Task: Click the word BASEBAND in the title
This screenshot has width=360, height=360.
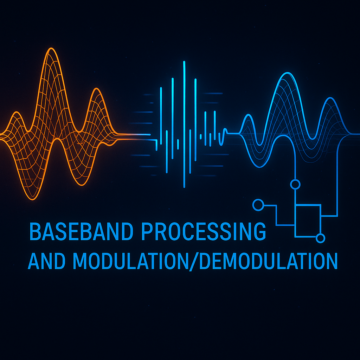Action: (x=82, y=231)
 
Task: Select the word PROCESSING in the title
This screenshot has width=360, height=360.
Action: (x=204, y=231)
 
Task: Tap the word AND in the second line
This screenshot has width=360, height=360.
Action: (x=47, y=261)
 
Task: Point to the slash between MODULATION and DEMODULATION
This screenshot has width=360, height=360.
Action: (x=194, y=261)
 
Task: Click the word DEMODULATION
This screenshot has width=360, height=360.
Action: (x=268, y=261)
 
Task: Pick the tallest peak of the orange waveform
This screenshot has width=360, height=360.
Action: (x=51, y=49)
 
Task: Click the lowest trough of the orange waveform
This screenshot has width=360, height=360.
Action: (x=33, y=199)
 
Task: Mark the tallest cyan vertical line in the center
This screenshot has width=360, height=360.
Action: (x=184, y=124)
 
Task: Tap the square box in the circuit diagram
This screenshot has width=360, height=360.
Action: (x=308, y=205)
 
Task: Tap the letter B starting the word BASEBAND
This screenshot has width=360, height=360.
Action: (x=35, y=231)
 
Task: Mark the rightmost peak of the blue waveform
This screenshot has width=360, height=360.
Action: (x=330, y=98)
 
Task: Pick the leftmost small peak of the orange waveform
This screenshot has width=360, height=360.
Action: (x=16, y=112)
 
